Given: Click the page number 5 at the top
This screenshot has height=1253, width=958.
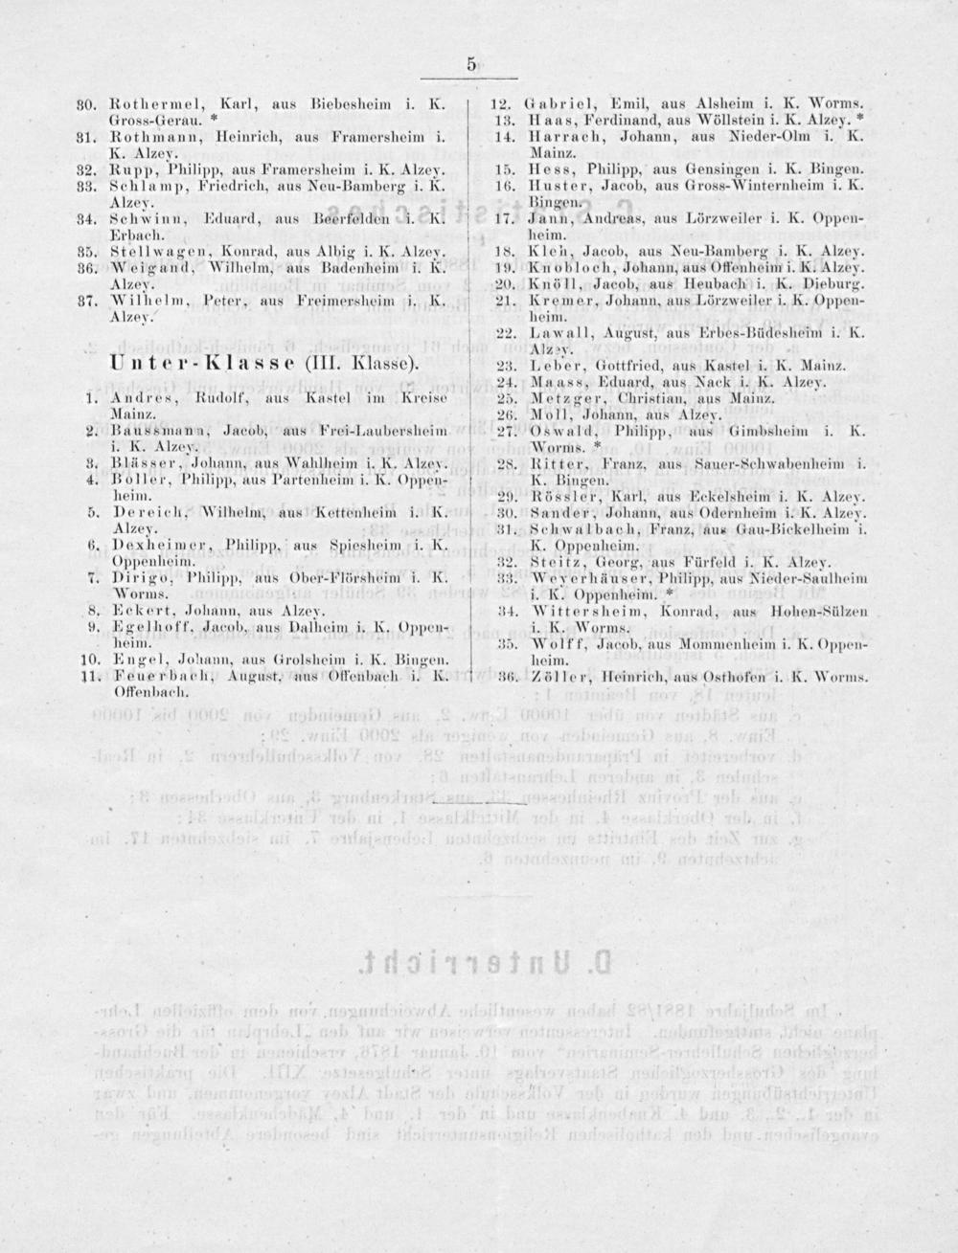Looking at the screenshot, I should [471, 65].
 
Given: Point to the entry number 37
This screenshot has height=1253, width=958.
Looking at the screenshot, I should [83, 301].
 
